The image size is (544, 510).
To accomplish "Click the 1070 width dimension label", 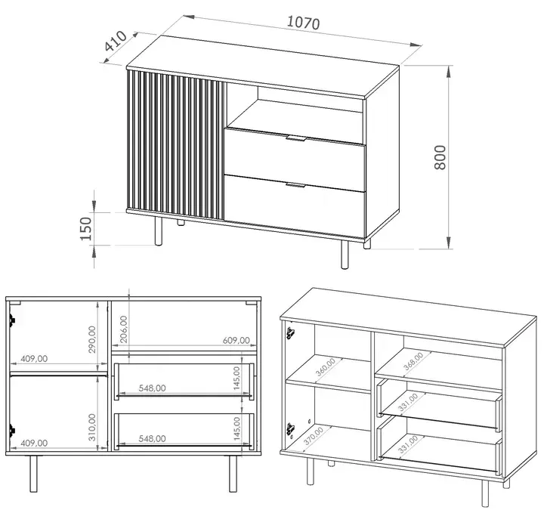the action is (304, 23).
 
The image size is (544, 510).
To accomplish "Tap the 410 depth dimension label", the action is (116, 41).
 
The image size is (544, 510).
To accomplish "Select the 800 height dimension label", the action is (440, 157).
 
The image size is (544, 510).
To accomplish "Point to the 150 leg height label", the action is (85, 229).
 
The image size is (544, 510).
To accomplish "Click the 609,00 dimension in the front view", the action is (236, 340).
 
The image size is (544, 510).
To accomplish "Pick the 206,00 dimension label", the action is (123, 329).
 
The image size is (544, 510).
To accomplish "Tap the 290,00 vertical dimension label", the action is (92, 339).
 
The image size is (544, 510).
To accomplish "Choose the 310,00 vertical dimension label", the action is (92, 427).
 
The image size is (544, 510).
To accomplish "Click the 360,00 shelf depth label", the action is (326, 367).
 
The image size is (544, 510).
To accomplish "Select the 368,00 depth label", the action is (413, 361).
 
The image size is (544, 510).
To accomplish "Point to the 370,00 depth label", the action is (314, 437).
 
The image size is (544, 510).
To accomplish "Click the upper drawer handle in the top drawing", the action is (295, 139).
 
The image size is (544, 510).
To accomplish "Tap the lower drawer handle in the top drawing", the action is (295, 185).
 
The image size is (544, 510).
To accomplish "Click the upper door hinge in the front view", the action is (12, 320).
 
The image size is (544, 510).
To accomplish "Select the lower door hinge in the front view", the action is (12, 430).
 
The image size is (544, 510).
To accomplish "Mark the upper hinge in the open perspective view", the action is (290, 333).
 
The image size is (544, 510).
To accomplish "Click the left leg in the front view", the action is (33, 474).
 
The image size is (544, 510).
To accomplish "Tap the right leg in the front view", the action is (233, 474).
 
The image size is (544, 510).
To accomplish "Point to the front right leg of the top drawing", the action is (345, 255).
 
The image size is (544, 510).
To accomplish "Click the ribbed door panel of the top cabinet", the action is (177, 145).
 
